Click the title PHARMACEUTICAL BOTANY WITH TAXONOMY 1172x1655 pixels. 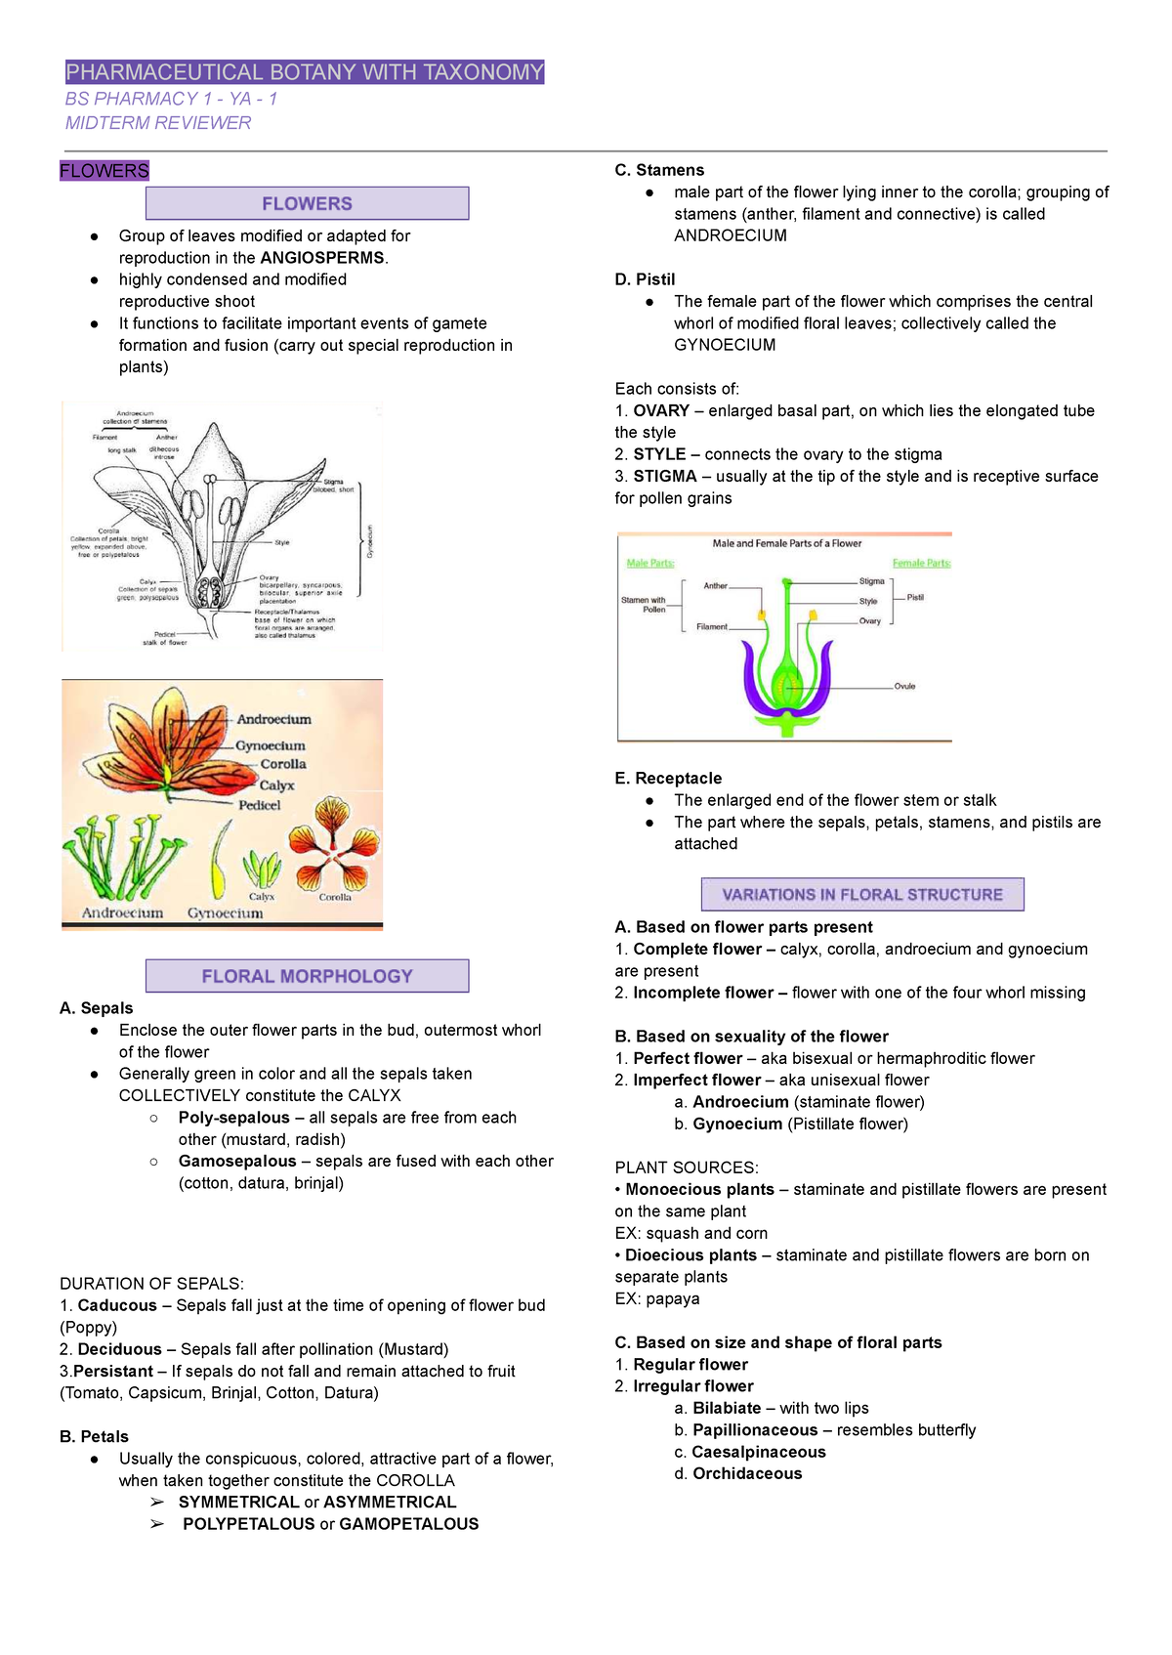[x=304, y=72]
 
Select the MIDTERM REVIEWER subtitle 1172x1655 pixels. [x=158, y=123]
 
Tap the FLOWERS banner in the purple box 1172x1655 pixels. [x=307, y=203]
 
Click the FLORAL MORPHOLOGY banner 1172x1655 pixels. [x=307, y=976]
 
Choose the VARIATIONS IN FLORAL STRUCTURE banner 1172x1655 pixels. [x=862, y=895]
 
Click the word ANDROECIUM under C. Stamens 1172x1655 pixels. [x=730, y=235]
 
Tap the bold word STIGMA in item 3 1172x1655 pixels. [x=665, y=477]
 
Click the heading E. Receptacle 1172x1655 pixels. [x=668, y=779]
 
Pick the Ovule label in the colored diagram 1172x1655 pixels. [x=904, y=687]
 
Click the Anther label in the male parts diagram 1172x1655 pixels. [x=716, y=586]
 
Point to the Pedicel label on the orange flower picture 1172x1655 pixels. [x=259, y=805]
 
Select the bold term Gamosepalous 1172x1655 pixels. [x=237, y=1162]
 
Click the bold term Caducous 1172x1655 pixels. [x=117, y=1306]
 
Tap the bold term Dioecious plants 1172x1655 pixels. [x=691, y=1255]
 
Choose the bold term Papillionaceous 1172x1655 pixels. [x=755, y=1430]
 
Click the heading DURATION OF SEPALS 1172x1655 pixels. [x=151, y=1284]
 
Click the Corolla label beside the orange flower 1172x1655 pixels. [x=283, y=764]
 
